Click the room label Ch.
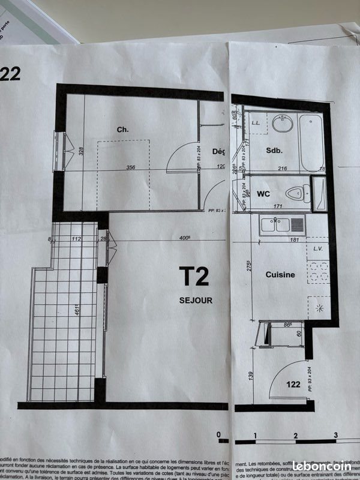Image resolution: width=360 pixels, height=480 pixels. coord(122,130)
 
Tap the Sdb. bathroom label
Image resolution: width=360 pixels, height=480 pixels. coord(274,151)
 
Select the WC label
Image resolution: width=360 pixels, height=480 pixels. coord(263,194)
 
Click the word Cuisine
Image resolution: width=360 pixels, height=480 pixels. coord(280,274)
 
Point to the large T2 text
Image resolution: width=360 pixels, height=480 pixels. coord(194,277)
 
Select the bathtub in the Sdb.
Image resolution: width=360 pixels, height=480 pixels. coord(311,142)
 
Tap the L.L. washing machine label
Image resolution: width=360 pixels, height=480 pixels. coord(256,122)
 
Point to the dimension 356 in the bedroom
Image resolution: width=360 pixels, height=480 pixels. coord(131,168)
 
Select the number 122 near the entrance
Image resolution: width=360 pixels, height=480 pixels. coord(293,385)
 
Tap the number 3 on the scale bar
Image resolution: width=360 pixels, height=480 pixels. coord(335,434)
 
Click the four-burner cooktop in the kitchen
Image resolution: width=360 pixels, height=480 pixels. coord(317,271)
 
